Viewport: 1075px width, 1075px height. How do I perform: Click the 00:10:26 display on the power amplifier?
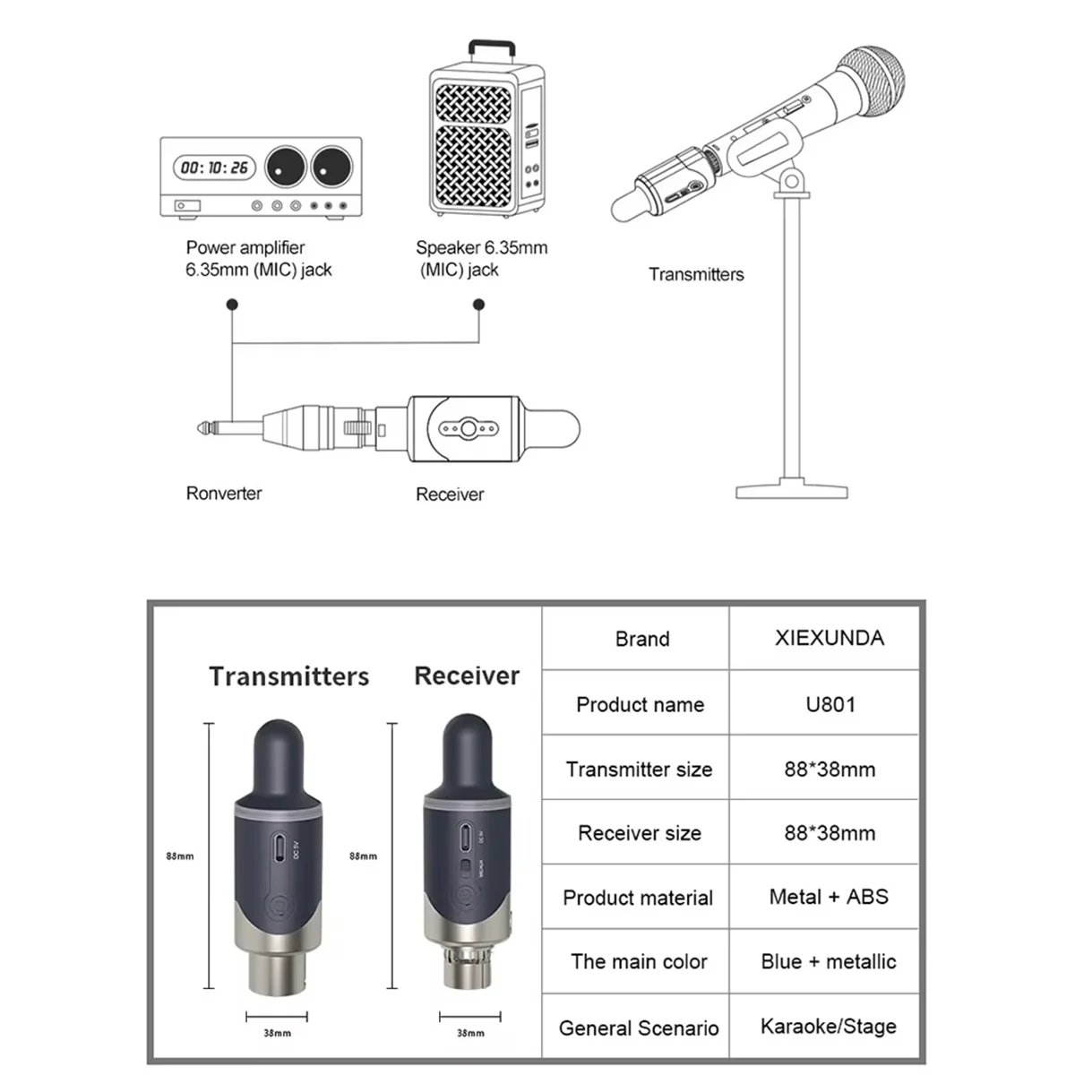pyautogui.click(x=214, y=168)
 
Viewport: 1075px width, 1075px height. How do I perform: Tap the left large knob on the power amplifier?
pyautogui.click(x=286, y=167)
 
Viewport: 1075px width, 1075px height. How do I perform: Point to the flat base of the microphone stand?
pyautogui.click(x=791, y=491)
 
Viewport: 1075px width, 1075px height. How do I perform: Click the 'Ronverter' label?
pyautogui.click(x=224, y=494)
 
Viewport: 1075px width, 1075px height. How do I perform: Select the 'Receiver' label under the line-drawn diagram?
pyautogui.click(x=450, y=494)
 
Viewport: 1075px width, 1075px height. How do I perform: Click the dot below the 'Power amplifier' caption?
pyautogui.click(x=232, y=305)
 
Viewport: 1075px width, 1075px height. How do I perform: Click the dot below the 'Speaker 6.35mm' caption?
pyautogui.click(x=479, y=305)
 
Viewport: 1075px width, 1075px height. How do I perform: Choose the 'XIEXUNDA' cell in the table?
pyautogui.click(x=829, y=638)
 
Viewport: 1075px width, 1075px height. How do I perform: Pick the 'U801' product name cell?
pyautogui.click(x=830, y=704)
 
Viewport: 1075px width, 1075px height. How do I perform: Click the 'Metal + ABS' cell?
pyautogui.click(x=829, y=897)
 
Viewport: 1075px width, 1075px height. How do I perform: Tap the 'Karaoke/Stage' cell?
pyautogui.click(x=829, y=1027)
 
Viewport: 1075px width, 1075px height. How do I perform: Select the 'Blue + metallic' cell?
pyautogui.click(x=829, y=961)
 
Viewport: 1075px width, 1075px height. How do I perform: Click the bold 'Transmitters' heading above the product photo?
pyautogui.click(x=288, y=676)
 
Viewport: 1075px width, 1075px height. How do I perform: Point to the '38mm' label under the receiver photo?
pyautogui.click(x=470, y=1033)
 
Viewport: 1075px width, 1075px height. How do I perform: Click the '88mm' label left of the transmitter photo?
pyautogui.click(x=180, y=856)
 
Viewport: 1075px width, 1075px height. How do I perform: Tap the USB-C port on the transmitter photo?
pyautogui.click(x=281, y=847)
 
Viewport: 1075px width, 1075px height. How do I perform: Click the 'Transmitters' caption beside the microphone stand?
pyautogui.click(x=696, y=275)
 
